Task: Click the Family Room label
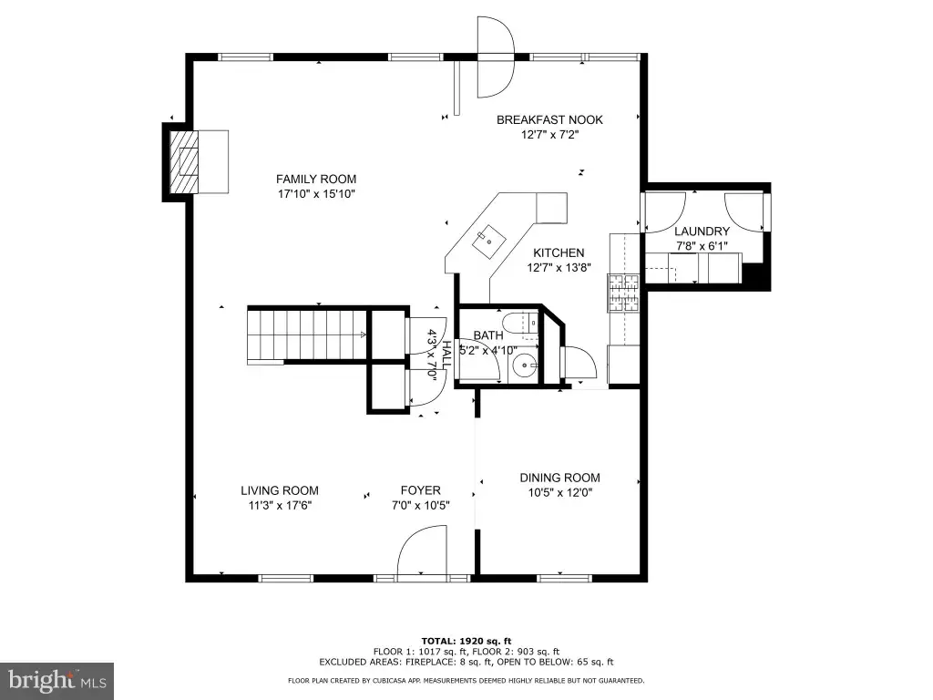(x=316, y=179)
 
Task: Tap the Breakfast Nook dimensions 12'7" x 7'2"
(x=549, y=135)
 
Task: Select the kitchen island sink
(x=489, y=240)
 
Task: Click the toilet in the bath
(x=520, y=324)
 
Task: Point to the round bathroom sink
(x=526, y=363)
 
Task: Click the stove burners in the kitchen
(x=623, y=293)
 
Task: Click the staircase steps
(x=308, y=335)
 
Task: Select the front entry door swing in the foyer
(x=422, y=551)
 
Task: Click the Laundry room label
(x=702, y=231)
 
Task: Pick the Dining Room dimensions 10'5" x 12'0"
(x=560, y=493)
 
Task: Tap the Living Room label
(x=280, y=490)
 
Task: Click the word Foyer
(x=421, y=490)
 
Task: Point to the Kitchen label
(x=559, y=252)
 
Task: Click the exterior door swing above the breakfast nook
(x=495, y=57)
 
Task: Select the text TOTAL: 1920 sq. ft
(x=466, y=641)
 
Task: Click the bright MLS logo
(x=57, y=680)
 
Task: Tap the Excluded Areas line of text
(x=466, y=662)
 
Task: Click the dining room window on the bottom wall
(x=565, y=577)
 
